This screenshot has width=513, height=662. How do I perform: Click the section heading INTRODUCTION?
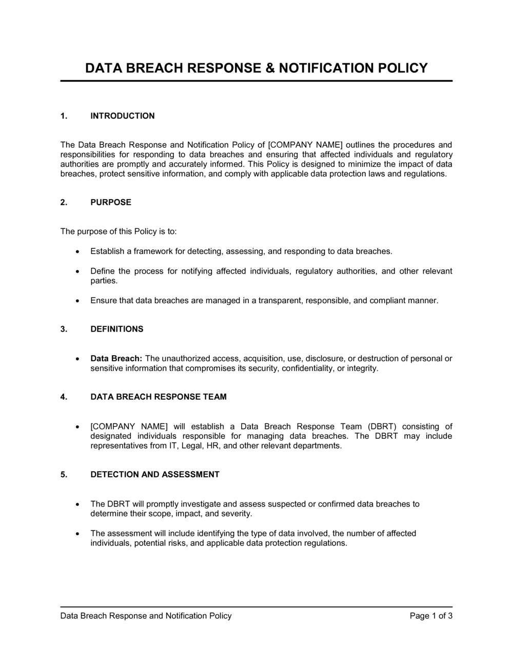click(x=123, y=116)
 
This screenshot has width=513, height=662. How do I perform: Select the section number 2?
click(x=64, y=202)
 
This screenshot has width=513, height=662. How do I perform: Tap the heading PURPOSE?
click(x=111, y=202)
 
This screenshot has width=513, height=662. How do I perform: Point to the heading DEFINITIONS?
click(x=117, y=329)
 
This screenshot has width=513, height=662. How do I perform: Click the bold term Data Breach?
click(x=116, y=359)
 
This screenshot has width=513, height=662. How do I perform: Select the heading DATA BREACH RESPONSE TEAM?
click(x=159, y=397)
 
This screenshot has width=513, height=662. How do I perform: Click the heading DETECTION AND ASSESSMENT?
click(x=155, y=474)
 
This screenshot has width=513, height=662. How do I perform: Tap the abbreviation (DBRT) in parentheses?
click(x=382, y=426)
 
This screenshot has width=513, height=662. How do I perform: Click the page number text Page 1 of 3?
click(x=431, y=616)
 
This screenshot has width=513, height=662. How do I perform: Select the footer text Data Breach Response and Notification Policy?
click(x=146, y=616)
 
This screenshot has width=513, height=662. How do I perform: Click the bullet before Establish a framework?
click(x=77, y=252)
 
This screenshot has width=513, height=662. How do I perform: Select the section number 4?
click(x=64, y=397)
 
